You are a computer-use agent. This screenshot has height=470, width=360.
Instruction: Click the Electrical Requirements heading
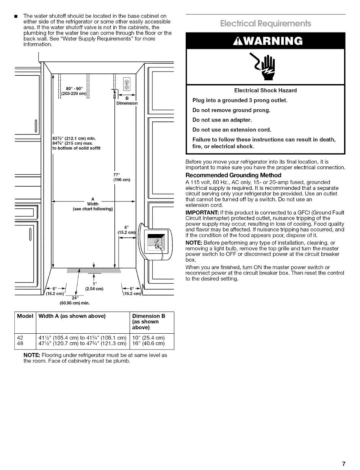click(x=266, y=23)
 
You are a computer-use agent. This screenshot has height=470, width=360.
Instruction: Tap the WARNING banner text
click(x=268, y=41)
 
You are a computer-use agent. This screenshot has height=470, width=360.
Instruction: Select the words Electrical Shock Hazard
click(x=266, y=91)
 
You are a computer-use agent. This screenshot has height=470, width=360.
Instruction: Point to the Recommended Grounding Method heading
click(x=233, y=175)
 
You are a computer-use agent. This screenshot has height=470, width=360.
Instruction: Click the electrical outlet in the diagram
click(x=127, y=84)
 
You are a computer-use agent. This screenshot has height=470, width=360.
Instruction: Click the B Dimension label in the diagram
click(x=127, y=101)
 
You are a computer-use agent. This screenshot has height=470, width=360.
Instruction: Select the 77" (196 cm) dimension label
click(x=122, y=177)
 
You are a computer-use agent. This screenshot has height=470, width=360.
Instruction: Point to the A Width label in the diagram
click(x=93, y=204)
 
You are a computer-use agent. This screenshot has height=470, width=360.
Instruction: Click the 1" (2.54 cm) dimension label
click(x=94, y=286)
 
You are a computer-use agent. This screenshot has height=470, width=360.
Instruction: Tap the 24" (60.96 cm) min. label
click(x=75, y=301)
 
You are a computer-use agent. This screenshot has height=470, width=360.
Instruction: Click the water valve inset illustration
click(x=155, y=242)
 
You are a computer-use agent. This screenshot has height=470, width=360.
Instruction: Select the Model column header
click(x=25, y=316)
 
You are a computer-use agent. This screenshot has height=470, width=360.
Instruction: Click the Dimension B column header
click(x=149, y=322)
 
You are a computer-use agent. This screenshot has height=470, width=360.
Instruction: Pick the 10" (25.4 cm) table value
click(x=149, y=337)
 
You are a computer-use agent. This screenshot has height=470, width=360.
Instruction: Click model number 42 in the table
click(x=20, y=337)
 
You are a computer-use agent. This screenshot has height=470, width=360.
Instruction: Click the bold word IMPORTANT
click(x=202, y=212)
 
